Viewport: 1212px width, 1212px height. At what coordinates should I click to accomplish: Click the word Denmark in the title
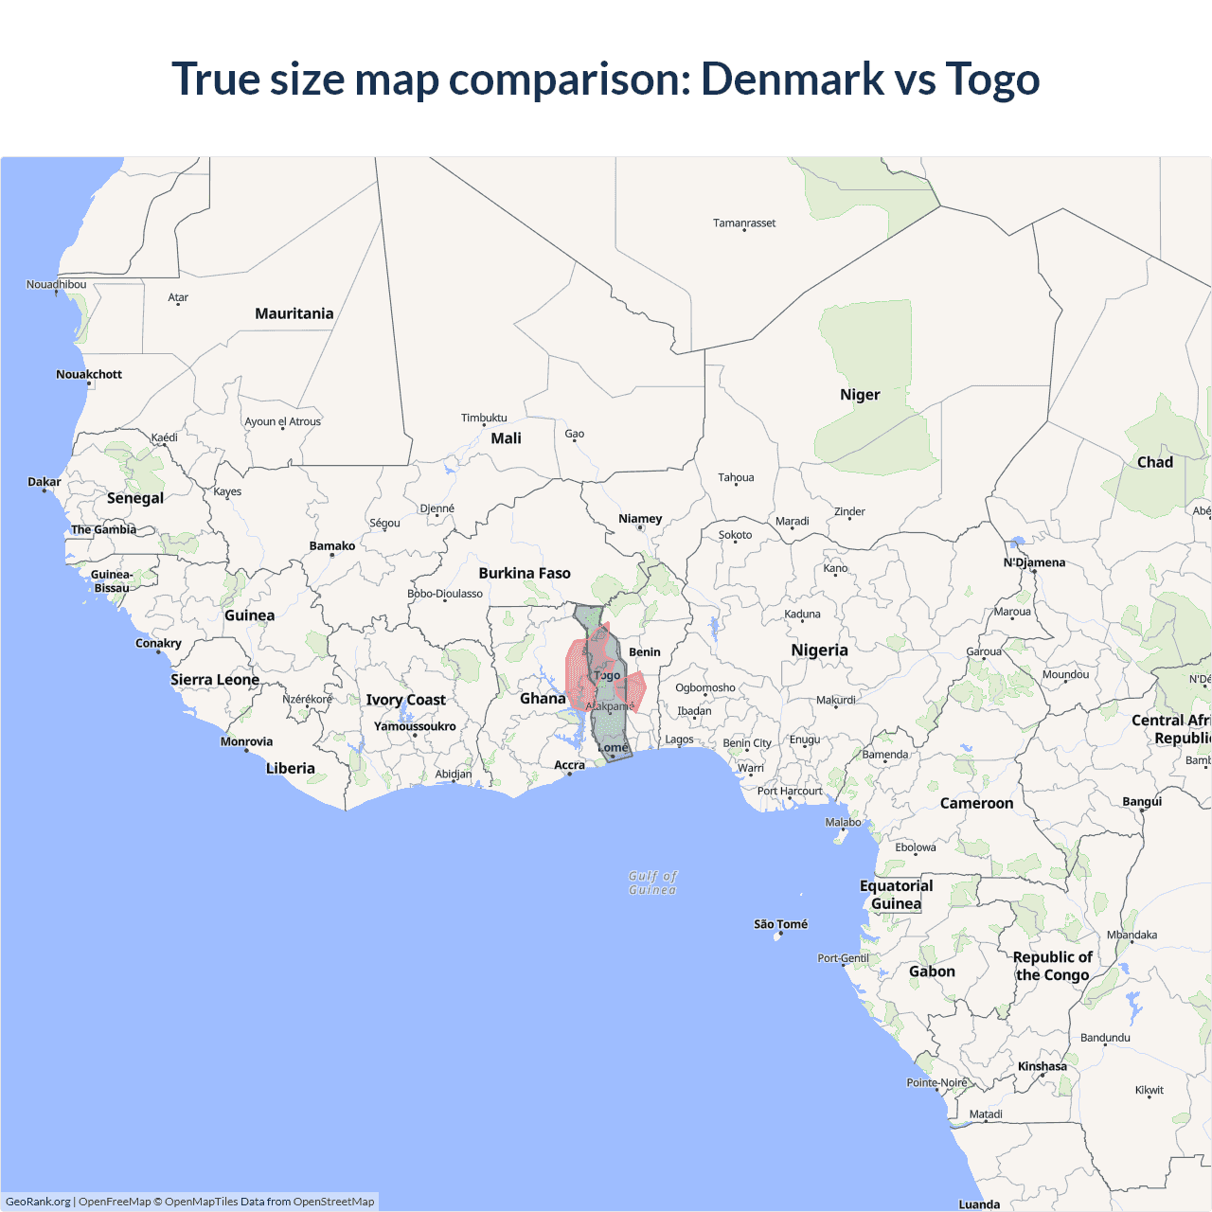(792, 79)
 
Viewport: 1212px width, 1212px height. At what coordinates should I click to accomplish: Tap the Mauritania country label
(294, 313)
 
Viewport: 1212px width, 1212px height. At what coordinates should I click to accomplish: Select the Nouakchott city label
(89, 374)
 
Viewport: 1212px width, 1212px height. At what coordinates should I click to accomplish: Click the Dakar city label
(45, 482)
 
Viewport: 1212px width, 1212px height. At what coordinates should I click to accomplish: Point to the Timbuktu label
(484, 418)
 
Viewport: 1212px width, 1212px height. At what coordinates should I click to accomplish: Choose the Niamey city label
(640, 519)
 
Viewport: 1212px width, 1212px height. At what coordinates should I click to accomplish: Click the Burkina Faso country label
(525, 573)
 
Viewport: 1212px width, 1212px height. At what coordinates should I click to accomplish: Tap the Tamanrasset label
(744, 223)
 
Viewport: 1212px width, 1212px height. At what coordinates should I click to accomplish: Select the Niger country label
(860, 395)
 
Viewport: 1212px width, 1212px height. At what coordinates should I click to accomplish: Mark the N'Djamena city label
(1034, 562)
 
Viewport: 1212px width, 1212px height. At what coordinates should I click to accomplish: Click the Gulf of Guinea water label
(653, 882)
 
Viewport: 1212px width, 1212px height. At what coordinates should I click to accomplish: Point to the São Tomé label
(780, 924)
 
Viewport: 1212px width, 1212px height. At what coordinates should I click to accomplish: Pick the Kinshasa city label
(1042, 1066)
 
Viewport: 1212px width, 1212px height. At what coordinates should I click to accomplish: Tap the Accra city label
(569, 765)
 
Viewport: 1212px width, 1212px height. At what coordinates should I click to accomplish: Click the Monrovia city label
(246, 741)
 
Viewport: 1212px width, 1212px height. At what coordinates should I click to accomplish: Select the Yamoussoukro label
(415, 726)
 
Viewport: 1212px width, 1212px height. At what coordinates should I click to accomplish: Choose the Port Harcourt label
(790, 791)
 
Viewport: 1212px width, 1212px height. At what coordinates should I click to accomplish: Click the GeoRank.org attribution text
(38, 1202)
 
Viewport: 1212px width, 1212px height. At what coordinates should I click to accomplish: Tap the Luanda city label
(979, 1204)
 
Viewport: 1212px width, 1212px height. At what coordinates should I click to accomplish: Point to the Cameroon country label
(976, 803)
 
